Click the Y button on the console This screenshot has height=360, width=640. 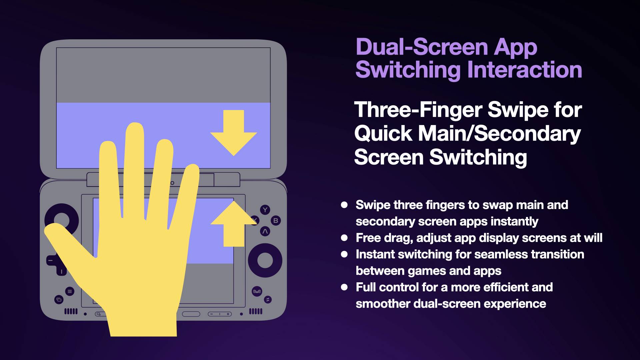click(x=265, y=210)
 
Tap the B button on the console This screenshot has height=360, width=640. click(x=276, y=221)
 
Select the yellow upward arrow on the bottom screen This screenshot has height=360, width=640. click(x=233, y=224)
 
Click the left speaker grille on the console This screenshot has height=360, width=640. click(x=71, y=311)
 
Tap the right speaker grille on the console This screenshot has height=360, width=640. click(x=256, y=311)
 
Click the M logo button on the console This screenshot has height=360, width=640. click(x=257, y=291)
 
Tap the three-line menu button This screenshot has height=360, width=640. click(x=70, y=291)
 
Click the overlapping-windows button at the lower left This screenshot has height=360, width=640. click(x=59, y=299)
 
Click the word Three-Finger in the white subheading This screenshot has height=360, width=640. click(x=418, y=110)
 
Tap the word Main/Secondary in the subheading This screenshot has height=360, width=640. click(x=499, y=134)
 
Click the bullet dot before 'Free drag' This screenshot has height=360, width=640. click(x=344, y=238)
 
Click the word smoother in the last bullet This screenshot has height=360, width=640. click(x=383, y=304)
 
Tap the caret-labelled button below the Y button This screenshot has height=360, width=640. click(x=265, y=231)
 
